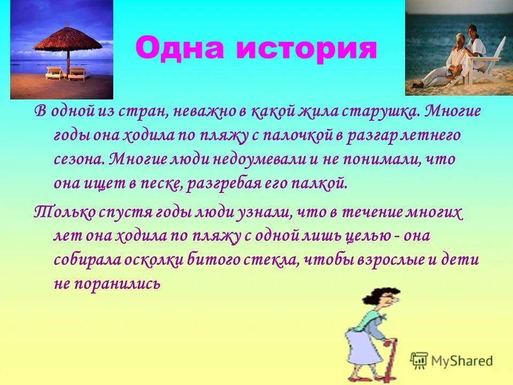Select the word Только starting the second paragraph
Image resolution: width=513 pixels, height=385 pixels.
click(64, 212)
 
